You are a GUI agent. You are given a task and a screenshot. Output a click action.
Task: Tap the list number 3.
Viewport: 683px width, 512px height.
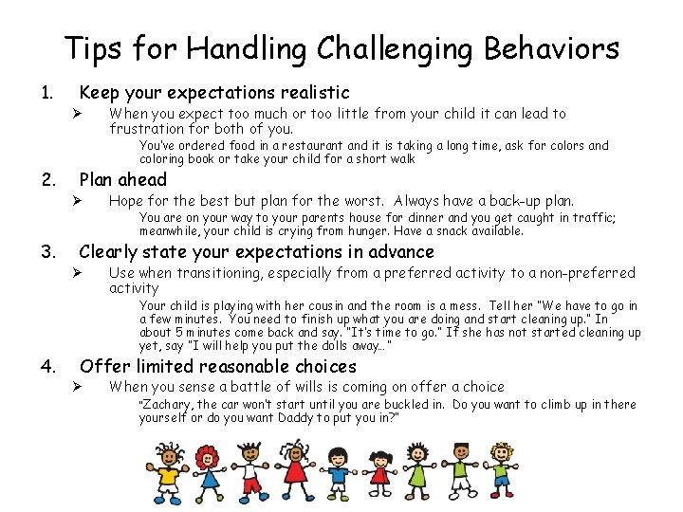(46, 252)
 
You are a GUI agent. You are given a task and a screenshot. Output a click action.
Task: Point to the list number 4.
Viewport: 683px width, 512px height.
(46, 366)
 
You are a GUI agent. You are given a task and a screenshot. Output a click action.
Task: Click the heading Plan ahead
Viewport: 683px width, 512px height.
(122, 180)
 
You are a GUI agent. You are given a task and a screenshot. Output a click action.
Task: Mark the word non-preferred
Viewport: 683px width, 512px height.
(587, 273)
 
